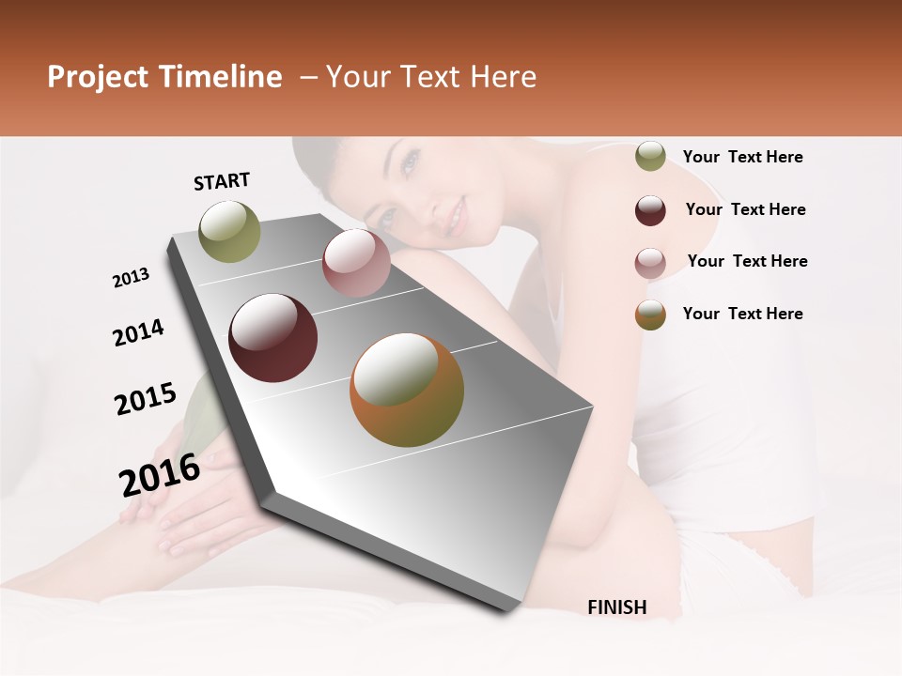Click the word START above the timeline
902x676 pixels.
tap(222, 181)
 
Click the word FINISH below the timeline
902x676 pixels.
tap(616, 607)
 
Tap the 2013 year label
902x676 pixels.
tap(131, 278)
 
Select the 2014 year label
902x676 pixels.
tap(138, 333)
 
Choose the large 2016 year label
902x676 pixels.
tap(160, 475)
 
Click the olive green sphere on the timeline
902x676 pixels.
tap(229, 231)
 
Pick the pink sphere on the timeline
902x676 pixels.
tap(356, 263)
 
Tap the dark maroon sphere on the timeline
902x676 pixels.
tap(272, 338)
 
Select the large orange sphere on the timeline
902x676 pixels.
tap(407, 390)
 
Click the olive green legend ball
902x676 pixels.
tap(650, 157)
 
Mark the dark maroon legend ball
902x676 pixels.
tap(650, 210)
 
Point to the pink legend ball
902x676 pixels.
tap(650, 263)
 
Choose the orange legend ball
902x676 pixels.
tap(650, 315)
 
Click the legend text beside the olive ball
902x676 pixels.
tap(742, 158)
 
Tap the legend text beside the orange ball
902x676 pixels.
tap(742, 314)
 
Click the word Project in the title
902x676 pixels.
tap(95, 77)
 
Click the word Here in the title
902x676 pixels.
tap(503, 77)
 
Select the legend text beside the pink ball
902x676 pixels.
tap(747, 261)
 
